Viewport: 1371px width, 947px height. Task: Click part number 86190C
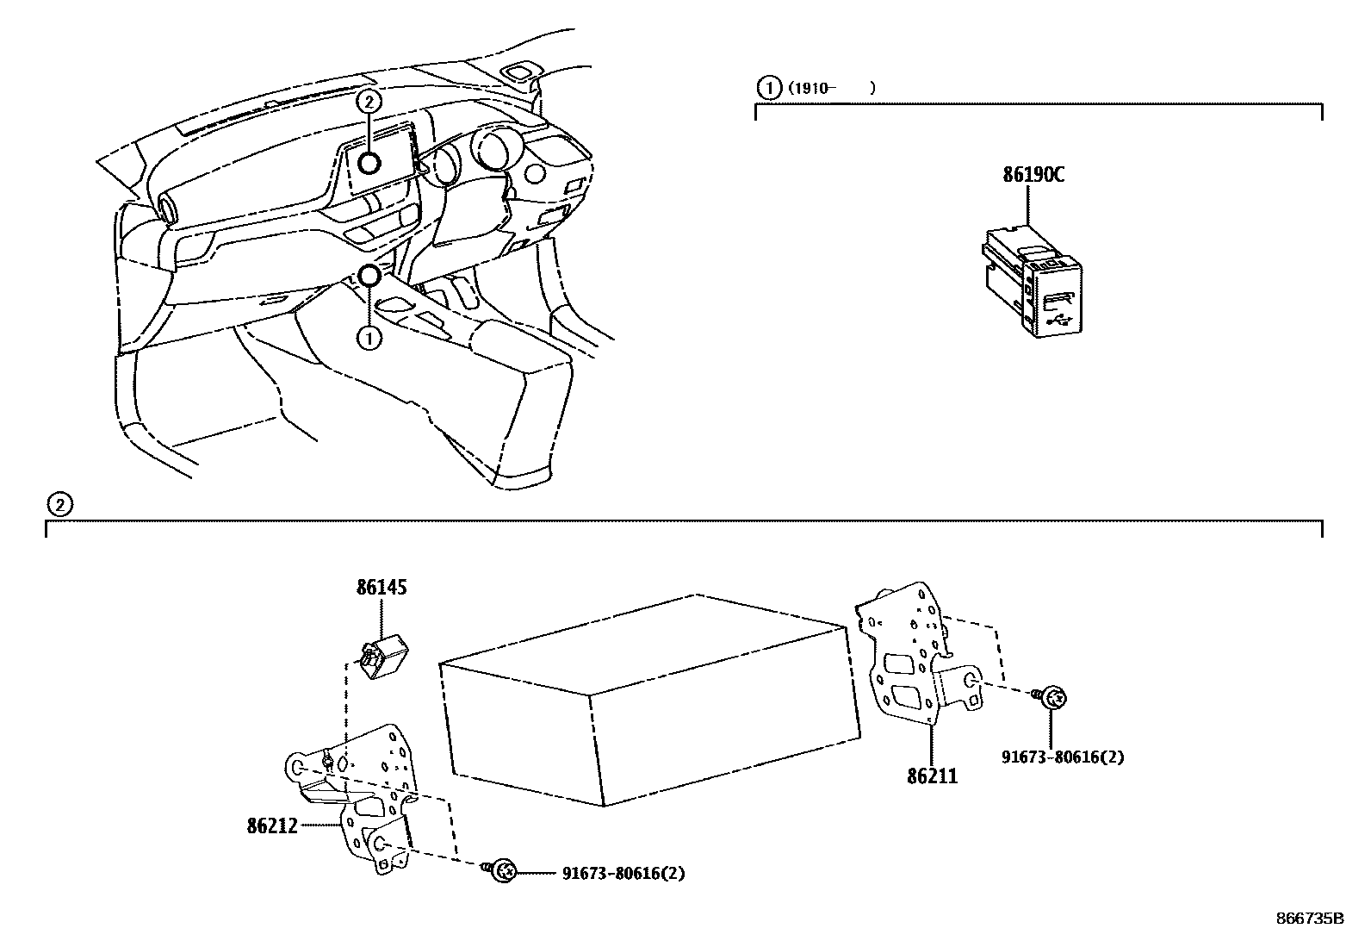click(1033, 175)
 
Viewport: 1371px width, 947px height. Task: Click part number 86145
click(382, 589)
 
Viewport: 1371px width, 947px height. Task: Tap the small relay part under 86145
click(384, 657)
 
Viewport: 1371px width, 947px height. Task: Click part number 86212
click(271, 826)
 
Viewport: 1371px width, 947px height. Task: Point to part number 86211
click(932, 776)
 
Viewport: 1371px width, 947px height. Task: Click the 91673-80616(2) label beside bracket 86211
click(1063, 757)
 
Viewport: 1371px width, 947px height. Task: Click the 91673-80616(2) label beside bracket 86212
click(623, 873)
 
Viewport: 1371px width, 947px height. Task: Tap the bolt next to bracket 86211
click(1052, 698)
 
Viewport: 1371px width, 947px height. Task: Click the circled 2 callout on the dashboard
click(369, 102)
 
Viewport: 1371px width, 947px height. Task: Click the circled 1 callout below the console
click(369, 339)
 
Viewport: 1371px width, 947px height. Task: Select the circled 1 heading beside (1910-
click(765, 87)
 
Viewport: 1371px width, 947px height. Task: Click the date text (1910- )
click(828, 87)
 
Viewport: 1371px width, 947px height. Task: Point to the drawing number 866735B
click(1308, 919)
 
